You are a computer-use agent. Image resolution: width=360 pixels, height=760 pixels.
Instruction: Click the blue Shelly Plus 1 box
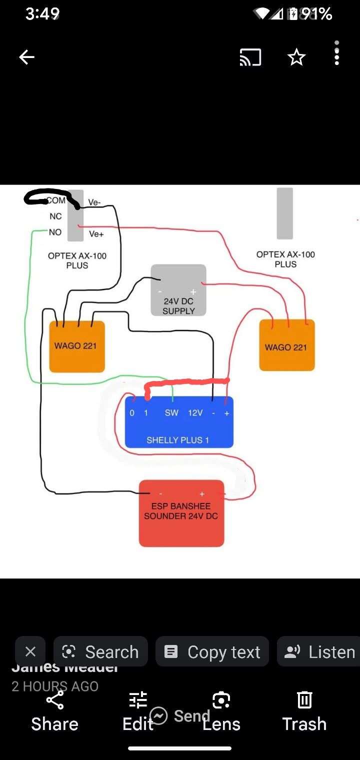(x=178, y=430)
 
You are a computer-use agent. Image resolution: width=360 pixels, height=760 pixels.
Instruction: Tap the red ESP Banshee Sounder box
(x=181, y=520)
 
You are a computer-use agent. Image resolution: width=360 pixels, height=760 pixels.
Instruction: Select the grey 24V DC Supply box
(x=178, y=290)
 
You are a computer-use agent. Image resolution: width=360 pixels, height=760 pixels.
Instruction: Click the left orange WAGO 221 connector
(x=76, y=346)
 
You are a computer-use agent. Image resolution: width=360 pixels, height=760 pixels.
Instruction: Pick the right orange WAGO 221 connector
(x=286, y=345)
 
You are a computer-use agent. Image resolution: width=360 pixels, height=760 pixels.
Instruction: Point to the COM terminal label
(x=56, y=200)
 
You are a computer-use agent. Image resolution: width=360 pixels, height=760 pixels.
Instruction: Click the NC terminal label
(x=55, y=216)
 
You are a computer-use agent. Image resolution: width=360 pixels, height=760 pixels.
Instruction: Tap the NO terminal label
(x=55, y=232)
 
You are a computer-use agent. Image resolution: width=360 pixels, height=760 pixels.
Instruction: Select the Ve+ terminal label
(x=96, y=234)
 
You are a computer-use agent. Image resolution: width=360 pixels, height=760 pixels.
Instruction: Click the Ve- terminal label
(x=94, y=202)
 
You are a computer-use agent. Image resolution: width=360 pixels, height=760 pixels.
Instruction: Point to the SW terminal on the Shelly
(x=171, y=413)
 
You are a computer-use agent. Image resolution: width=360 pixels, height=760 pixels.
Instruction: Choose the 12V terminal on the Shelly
(x=195, y=413)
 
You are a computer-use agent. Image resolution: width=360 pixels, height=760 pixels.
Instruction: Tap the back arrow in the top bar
(x=26, y=57)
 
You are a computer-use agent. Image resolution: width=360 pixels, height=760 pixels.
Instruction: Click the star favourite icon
(x=296, y=57)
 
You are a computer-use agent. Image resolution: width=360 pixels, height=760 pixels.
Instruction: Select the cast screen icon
(x=250, y=57)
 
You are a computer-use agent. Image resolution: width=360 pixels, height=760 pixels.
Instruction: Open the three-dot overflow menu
(x=337, y=53)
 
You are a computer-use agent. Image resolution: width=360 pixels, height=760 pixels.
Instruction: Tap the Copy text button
(x=212, y=652)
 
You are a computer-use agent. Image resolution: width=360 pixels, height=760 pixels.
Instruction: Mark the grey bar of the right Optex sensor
(x=285, y=213)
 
